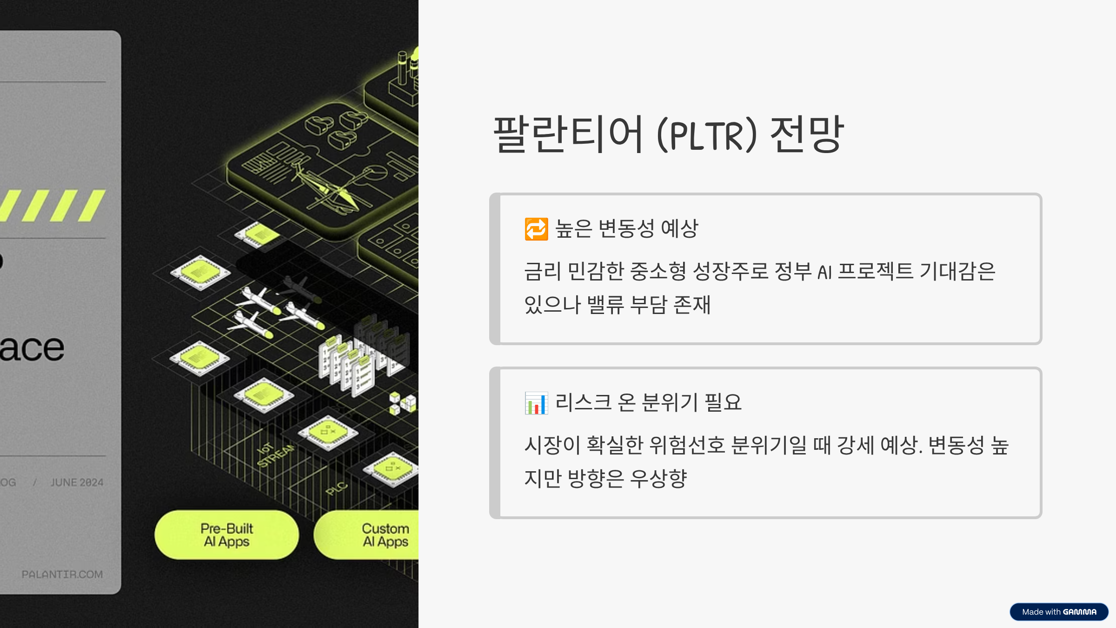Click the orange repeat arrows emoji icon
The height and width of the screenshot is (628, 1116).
click(536, 229)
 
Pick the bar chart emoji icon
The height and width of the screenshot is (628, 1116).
click(536, 403)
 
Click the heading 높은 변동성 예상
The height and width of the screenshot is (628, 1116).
click(626, 228)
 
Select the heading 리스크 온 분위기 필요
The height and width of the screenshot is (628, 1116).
click(648, 402)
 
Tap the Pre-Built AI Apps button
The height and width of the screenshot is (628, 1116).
click(226, 535)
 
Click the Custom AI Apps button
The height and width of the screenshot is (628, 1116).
click(372, 535)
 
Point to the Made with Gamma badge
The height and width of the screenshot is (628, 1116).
click(1059, 612)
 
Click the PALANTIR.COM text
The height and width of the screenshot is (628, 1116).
click(62, 575)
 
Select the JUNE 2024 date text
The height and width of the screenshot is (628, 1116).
click(77, 482)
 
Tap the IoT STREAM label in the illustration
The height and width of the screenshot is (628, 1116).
click(275, 454)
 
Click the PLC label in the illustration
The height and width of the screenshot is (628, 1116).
click(336, 488)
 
